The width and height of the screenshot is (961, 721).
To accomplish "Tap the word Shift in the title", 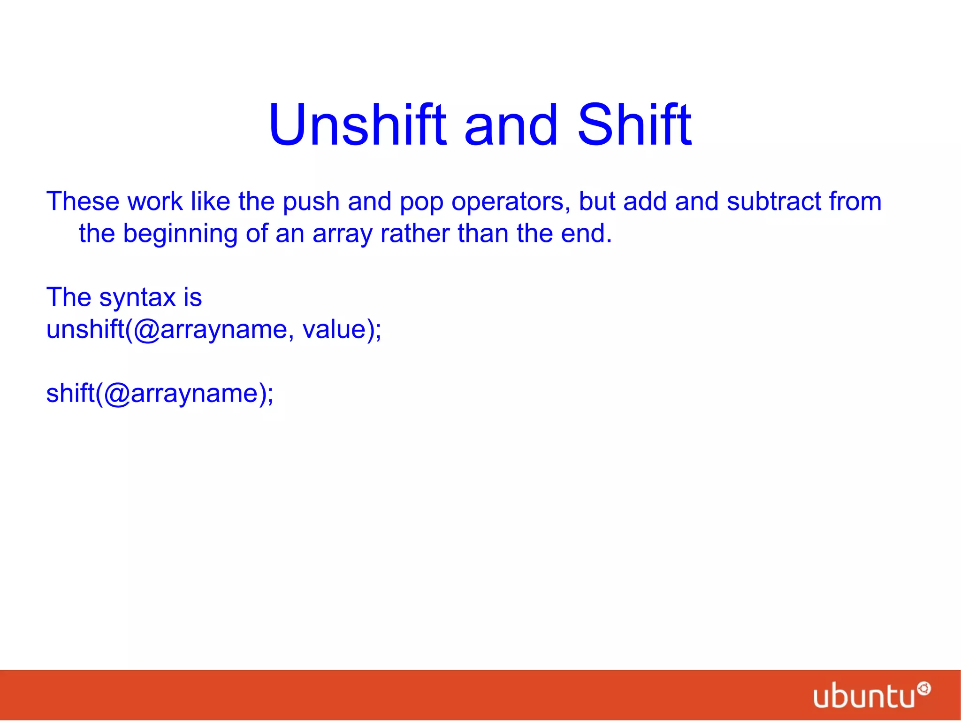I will [x=634, y=125].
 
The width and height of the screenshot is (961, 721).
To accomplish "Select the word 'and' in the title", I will [x=511, y=125].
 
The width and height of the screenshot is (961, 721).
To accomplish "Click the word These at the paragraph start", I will [x=83, y=202].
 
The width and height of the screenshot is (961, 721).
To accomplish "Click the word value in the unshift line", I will [x=334, y=329].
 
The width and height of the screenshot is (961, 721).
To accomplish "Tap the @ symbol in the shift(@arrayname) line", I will [x=117, y=394].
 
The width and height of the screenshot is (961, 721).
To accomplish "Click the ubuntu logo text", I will [x=864, y=697].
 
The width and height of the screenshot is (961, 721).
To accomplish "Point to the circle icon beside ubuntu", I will [x=923, y=689].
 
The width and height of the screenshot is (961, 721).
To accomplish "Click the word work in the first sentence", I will [x=155, y=202].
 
